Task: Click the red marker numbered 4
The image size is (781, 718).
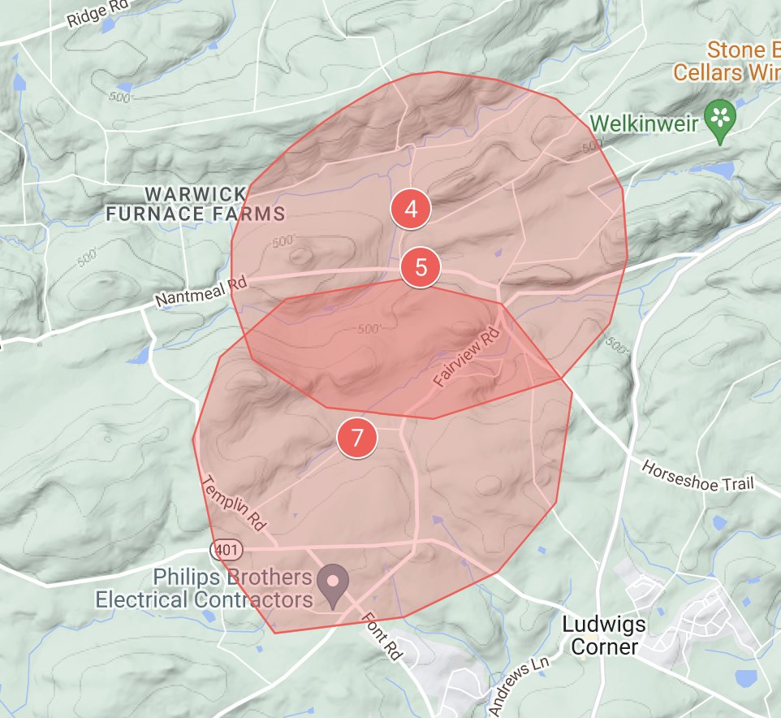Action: point(411,209)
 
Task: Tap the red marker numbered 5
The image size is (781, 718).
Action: point(421,266)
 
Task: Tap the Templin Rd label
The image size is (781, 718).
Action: point(235,504)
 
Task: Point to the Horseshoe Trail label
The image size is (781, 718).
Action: point(697,477)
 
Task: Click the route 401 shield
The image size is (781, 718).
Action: point(226,550)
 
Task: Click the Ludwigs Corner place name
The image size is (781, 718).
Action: point(605,636)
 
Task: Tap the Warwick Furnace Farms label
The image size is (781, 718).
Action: point(196,204)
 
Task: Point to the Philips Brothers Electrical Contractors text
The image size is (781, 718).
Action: point(204,589)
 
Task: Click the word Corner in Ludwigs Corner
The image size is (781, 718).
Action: point(605,647)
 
